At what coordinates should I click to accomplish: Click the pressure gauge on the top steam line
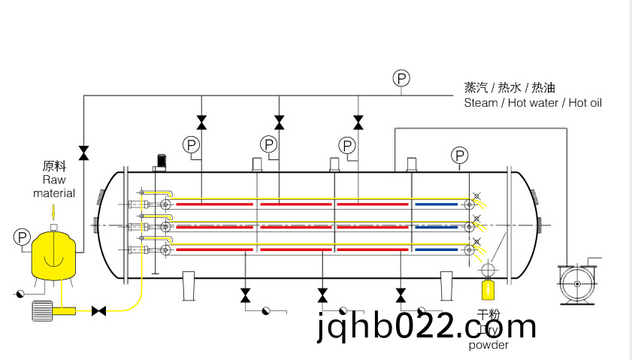(x=401, y=78)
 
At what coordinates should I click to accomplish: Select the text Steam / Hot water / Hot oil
(x=533, y=103)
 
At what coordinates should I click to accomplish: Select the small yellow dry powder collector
(x=488, y=287)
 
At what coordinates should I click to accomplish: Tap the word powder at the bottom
(x=488, y=345)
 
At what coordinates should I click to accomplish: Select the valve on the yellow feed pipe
(x=98, y=310)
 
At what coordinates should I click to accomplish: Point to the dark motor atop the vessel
(x=160, y=162)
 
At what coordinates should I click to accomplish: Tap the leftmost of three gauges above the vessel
(x=191, y=144)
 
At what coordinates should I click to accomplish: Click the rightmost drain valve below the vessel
(x=400, y=294)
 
